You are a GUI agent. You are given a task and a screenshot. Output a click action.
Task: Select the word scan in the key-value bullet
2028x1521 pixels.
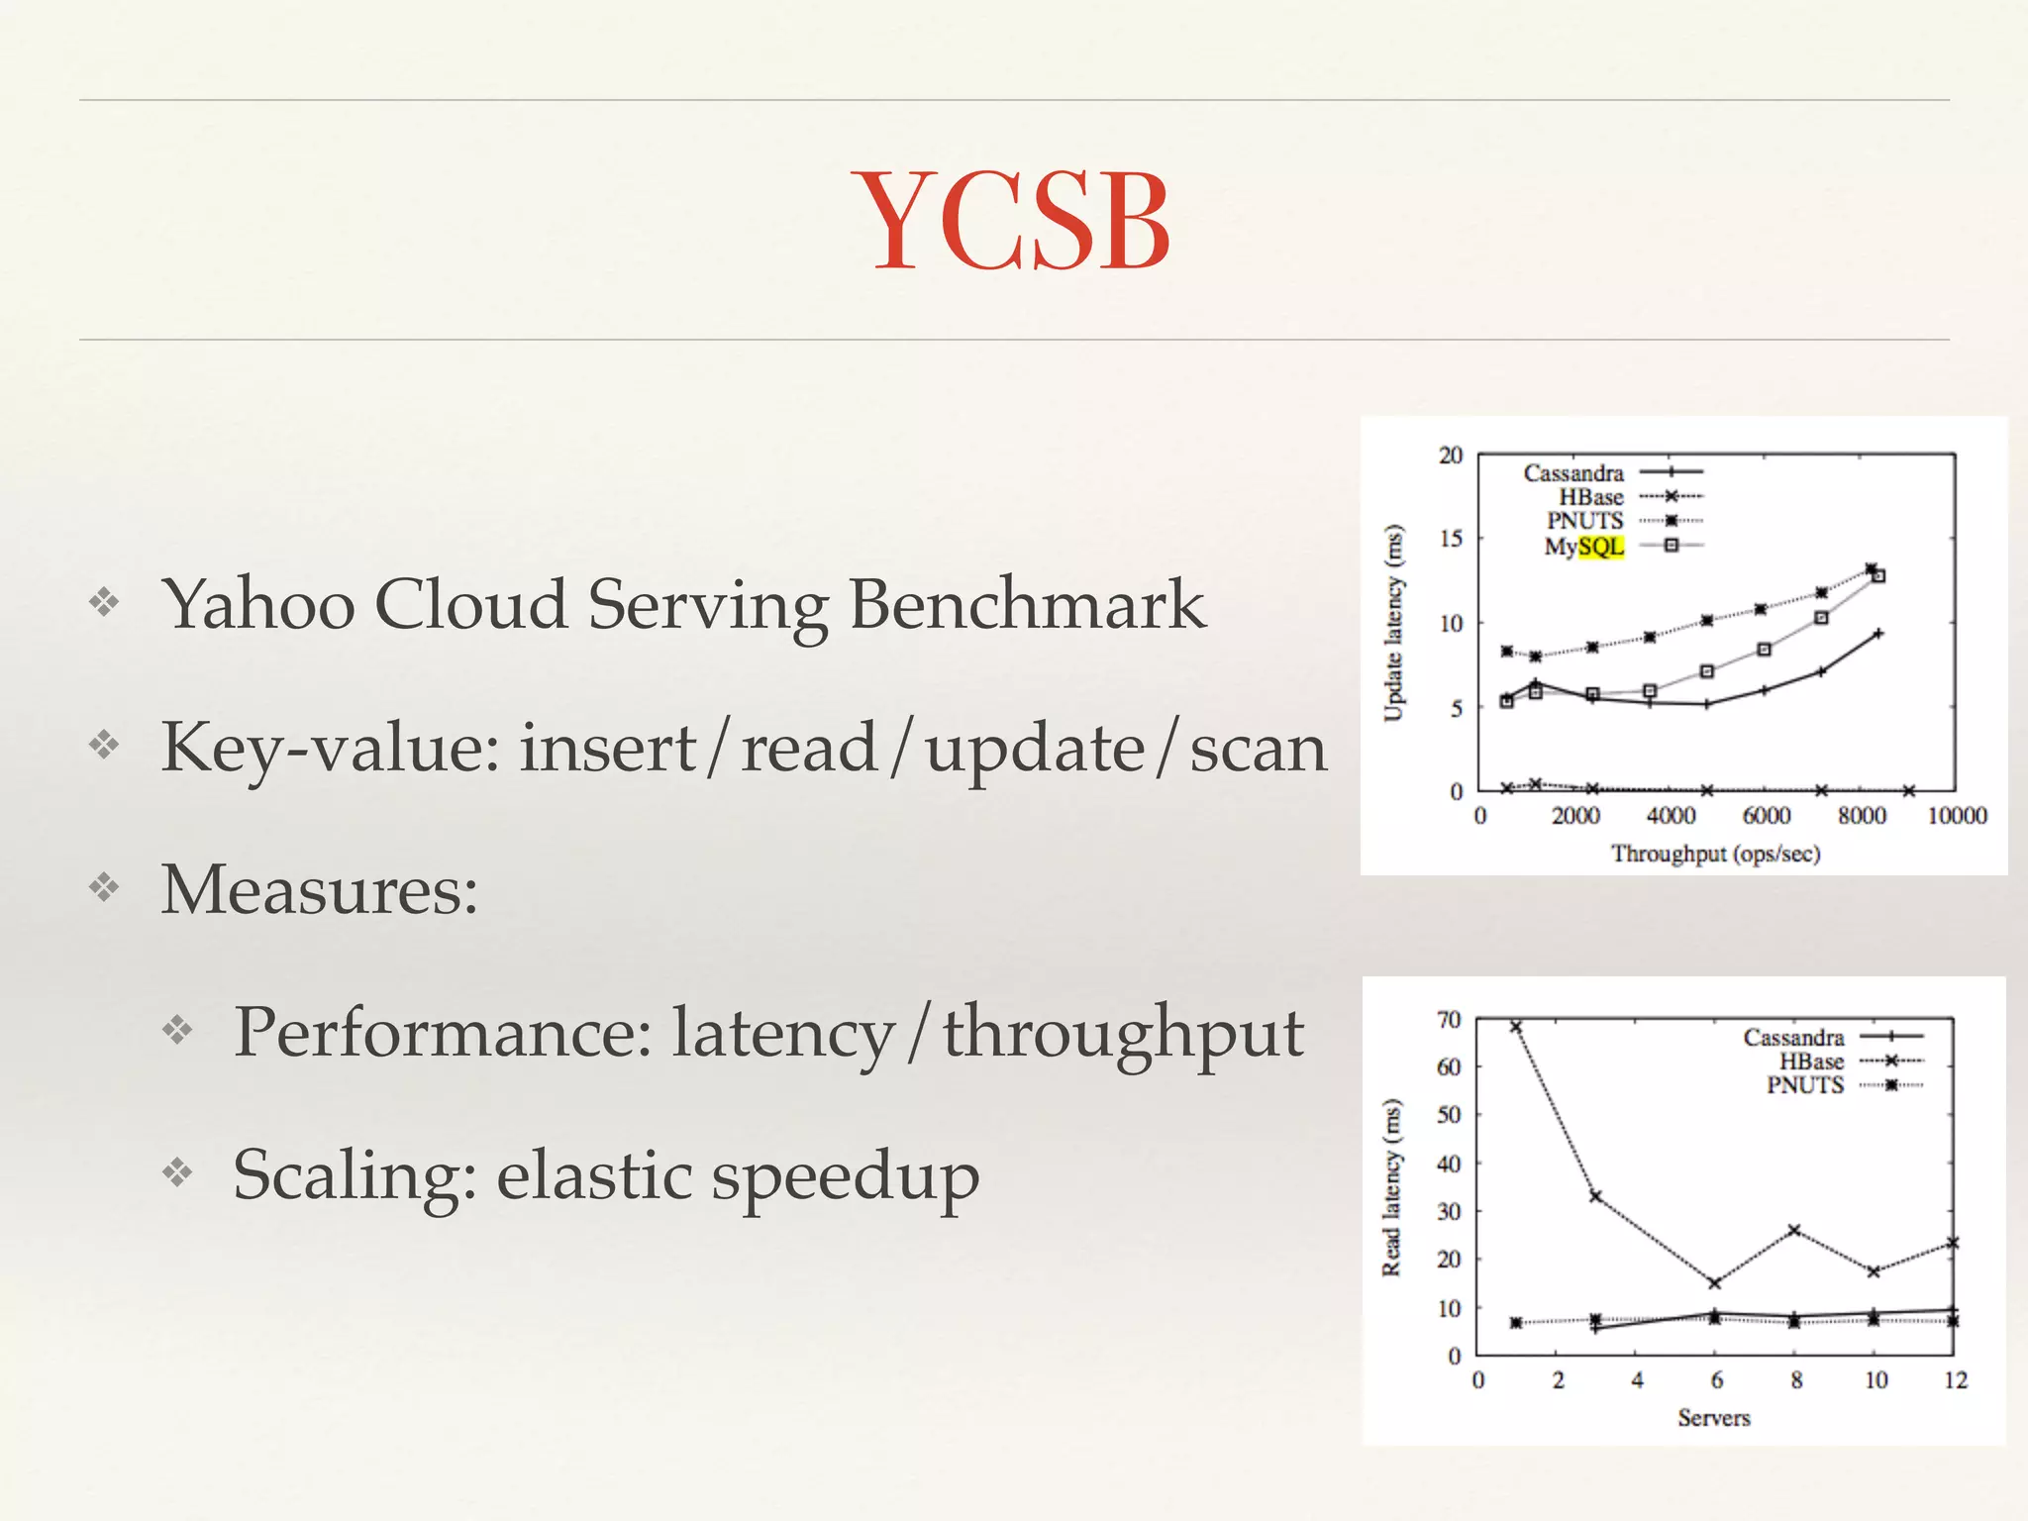[1258, 750]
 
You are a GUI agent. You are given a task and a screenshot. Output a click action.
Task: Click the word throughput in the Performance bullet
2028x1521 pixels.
[1122, 1034]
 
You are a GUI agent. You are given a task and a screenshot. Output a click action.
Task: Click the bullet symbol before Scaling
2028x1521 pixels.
[178, 1173]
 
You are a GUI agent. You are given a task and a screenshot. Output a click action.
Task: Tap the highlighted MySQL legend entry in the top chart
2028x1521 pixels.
[1584, 547]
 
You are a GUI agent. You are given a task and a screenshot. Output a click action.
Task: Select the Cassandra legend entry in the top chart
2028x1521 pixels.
[1573, 473]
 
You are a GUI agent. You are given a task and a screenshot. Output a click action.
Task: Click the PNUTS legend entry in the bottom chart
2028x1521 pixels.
[1805, 1085]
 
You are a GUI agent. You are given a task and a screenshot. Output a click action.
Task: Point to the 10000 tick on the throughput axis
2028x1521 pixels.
[1957, 816]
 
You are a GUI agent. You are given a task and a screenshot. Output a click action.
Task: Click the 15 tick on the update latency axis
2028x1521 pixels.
[1451, 539]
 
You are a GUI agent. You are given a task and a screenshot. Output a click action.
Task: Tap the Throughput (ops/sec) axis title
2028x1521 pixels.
[1715, 854]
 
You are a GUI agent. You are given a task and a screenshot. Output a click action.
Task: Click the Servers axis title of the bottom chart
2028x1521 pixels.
[1714, 1418]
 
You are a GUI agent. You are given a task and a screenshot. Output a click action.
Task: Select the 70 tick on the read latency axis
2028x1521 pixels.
[1449, 1020]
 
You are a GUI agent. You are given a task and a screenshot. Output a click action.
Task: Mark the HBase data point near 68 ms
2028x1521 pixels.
[1516, 1027]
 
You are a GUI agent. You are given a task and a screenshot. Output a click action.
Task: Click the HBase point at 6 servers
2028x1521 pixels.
[1715, 1283]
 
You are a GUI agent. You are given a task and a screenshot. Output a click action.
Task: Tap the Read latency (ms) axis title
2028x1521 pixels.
[1392, 1187]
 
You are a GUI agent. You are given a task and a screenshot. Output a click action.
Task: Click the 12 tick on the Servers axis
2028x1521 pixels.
[1955, 1380]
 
